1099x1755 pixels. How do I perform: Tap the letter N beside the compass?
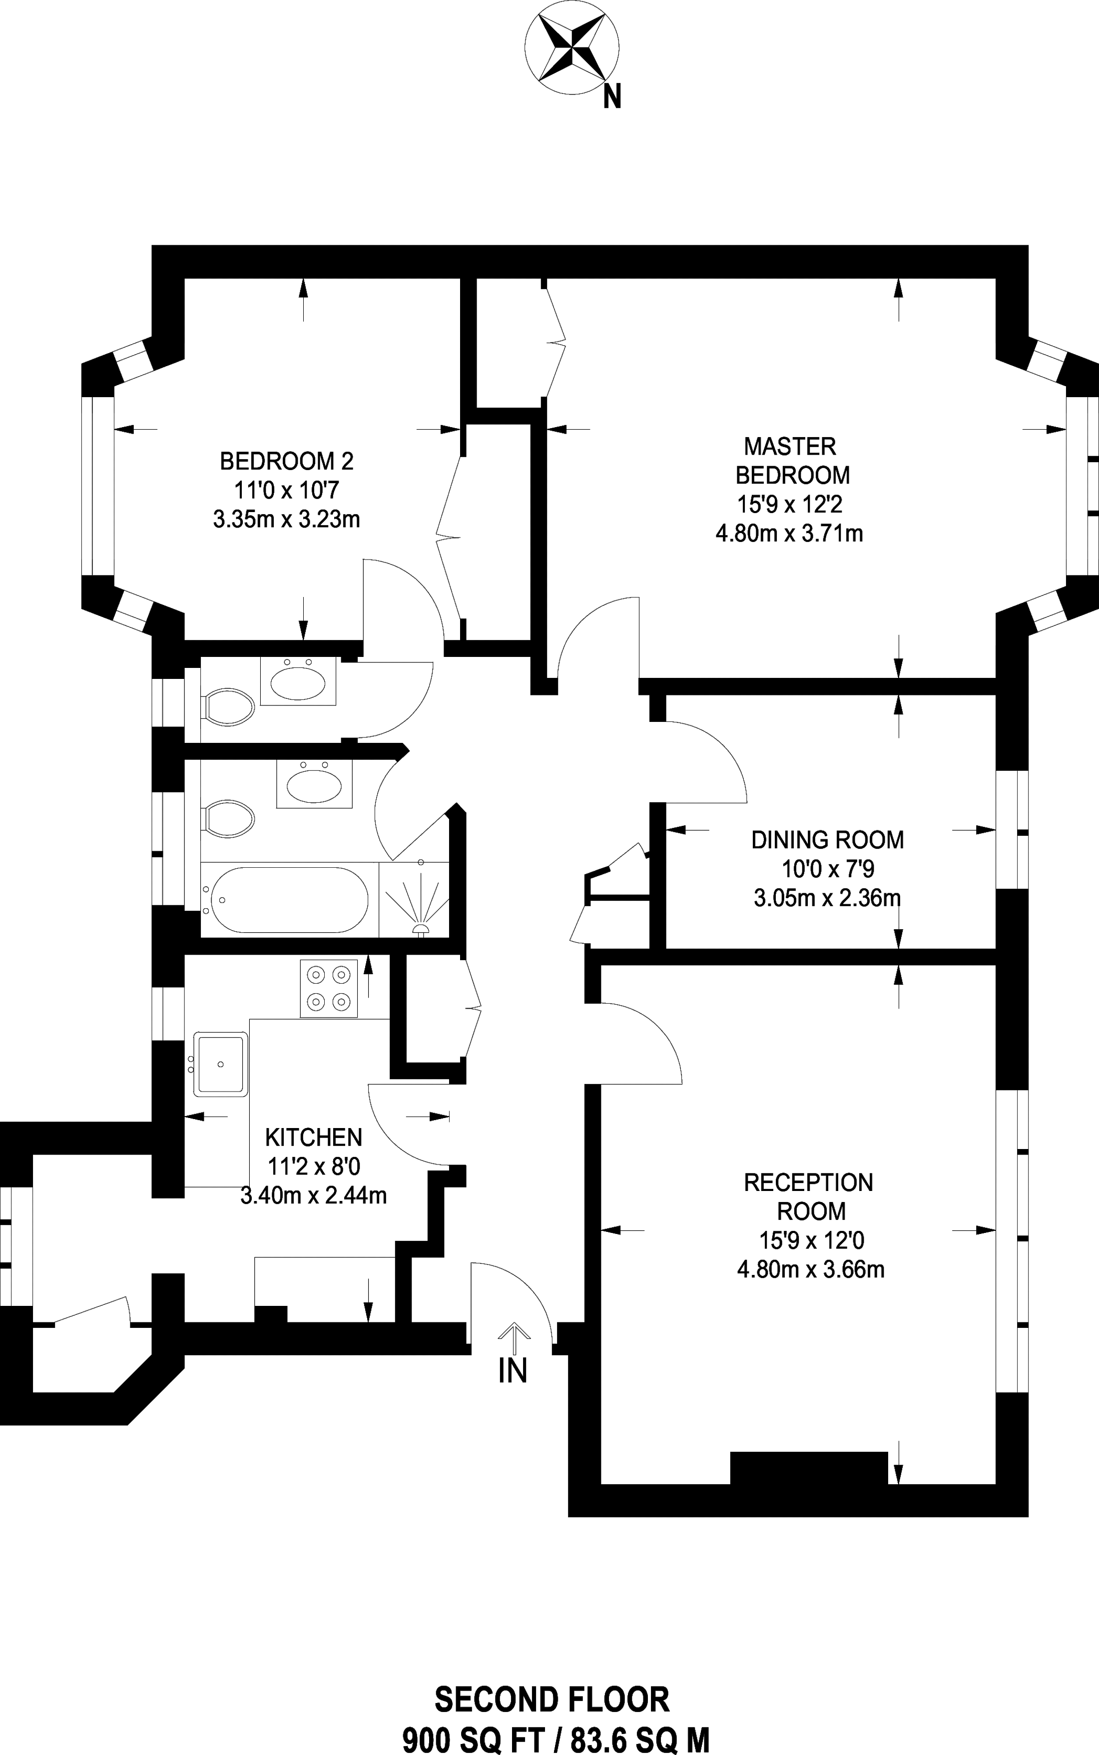(x=612, y=96)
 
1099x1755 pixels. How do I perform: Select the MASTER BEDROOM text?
(x=792, y=460)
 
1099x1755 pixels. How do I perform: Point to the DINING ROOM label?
(x=827, y=840)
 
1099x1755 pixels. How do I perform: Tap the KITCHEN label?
(x=313, y=1138)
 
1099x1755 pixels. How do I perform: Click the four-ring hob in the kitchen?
(x=329, y=988)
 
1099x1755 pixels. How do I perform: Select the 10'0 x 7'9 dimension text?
(x=827, y=869)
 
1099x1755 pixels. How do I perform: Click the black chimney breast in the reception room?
(x=808, y=1467)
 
